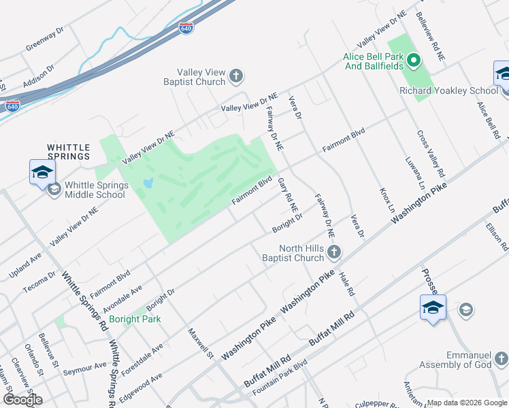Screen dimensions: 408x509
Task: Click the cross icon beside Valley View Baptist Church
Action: [236, 75]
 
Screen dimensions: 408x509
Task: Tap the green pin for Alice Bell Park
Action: [414, 63]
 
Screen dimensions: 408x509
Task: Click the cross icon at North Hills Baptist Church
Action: [333, 253]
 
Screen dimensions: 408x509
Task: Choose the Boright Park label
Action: [135, 318]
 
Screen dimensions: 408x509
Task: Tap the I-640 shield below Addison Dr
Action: [12, 106]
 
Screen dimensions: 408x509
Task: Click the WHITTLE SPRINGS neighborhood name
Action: [68, 151]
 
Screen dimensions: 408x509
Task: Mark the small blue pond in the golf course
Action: [149, 184]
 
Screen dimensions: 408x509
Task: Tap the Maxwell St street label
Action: [201, 344]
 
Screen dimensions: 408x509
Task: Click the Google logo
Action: [22, 400]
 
